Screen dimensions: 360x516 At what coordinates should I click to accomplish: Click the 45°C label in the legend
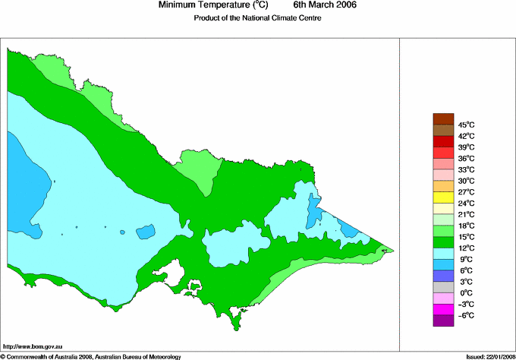point(466,125)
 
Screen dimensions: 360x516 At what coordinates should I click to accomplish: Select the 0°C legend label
point(466,292)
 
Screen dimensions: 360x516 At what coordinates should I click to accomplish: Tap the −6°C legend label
point(466,315)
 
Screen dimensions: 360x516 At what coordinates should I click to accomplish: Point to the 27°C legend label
point(466,192)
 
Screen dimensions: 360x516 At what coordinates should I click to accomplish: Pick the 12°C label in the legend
point(466,248)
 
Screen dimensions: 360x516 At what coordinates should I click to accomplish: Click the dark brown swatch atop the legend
point(443,118)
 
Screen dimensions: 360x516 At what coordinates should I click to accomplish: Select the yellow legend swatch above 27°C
point(443,197)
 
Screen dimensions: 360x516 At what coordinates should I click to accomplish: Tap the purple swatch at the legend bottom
point(443,321)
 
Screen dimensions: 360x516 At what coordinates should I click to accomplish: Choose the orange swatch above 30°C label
point(443,186)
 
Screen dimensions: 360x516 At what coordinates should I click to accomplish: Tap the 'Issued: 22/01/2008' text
point(486,355)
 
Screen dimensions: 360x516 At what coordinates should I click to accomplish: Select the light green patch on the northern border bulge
point(198,168)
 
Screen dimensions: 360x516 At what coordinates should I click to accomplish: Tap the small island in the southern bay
point(193,287)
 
